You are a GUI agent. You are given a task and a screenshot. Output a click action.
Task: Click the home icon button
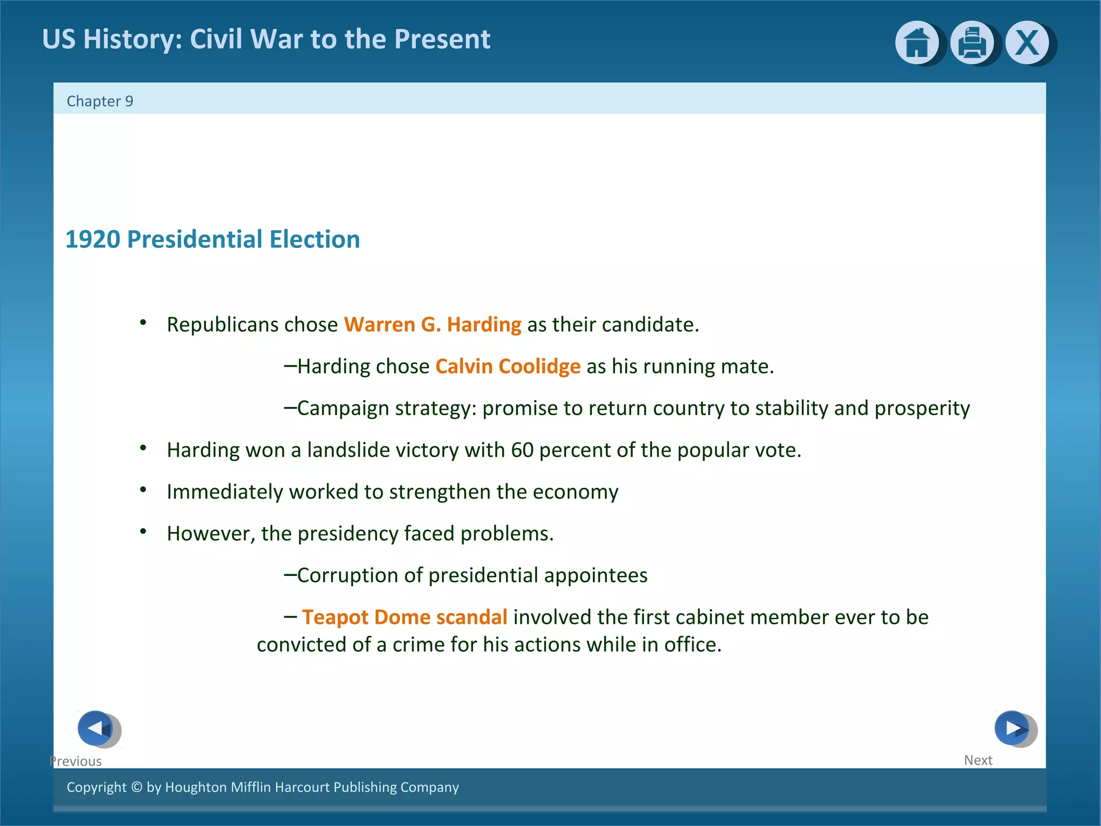pos(917,43)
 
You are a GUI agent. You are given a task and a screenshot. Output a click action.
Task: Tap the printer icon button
pos(972,43)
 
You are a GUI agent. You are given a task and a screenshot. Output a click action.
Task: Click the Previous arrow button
pos(96,728)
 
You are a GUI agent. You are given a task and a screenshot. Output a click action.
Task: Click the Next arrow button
pos(1012,728)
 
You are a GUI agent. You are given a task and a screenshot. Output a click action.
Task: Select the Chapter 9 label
pos(100,101)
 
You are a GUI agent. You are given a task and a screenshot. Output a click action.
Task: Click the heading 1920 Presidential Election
pos(212,239)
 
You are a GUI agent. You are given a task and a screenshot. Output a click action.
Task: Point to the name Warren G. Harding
pos(432,325)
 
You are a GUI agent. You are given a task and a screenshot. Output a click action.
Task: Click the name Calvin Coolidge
pos(507,366)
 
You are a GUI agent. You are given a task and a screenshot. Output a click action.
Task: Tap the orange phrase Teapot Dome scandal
pos(404,617)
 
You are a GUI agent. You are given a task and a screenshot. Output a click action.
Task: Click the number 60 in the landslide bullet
pos(522,450)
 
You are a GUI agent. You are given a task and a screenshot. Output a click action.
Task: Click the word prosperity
pos(922,409)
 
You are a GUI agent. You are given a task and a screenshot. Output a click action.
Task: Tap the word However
pos(209,534)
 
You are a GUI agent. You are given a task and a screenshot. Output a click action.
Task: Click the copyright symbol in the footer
pos(137,787)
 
